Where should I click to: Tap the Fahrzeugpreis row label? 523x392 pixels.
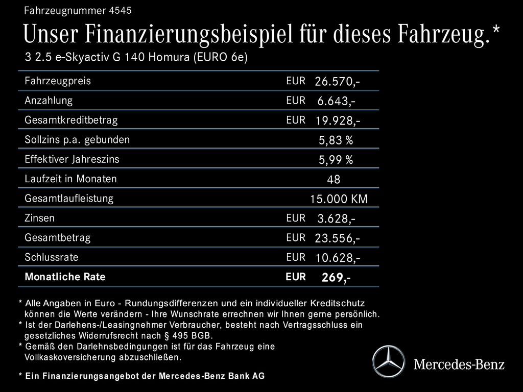(x=58, y=81)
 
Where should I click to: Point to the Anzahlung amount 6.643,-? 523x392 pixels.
(x=336, y=101)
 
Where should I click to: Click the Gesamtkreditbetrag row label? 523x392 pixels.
(x=71, y=120)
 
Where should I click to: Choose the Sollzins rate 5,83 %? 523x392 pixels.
(x=336, y=140)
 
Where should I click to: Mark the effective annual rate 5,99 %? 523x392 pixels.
(x=336, y=160)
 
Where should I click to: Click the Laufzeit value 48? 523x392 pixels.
(x=334, y=180)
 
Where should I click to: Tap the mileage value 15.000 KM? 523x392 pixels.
(x=339, y=199)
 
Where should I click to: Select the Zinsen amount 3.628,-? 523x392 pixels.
(x=336, y=219)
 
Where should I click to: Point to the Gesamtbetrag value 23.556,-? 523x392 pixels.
(x=337, y=238)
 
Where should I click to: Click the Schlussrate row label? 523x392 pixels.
(x=52, y=257)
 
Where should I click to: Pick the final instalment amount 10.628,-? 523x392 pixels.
(x=337, y=258)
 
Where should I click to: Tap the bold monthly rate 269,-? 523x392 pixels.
(x=336, y=278)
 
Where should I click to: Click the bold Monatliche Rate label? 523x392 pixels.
(x=65, y=277)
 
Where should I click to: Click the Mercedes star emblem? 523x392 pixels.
(x=388, y=362)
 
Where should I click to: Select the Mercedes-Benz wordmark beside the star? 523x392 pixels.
(x=459, y=364)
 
